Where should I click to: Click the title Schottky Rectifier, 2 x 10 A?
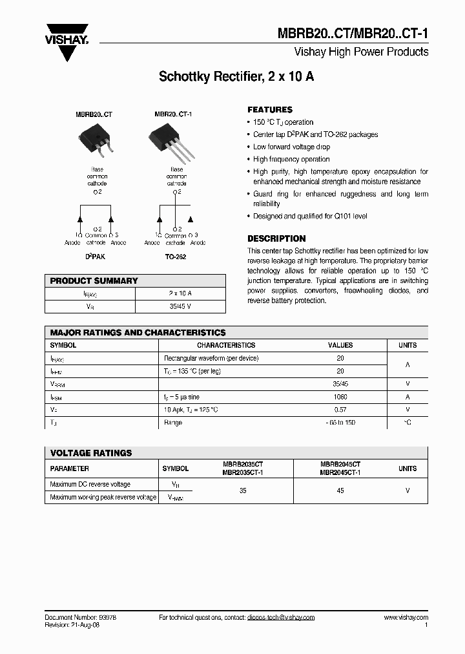236,77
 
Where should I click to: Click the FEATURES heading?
270,110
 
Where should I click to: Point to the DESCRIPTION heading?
276,238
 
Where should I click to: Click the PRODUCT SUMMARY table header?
94,281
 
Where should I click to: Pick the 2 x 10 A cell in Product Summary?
181,294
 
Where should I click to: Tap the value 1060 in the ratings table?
340,397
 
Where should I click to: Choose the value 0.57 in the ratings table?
340,410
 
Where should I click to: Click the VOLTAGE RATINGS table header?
91,453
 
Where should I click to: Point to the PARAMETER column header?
70,469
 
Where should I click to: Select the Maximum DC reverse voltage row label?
90,484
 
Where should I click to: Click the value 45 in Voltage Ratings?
340,491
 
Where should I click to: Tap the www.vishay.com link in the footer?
406,618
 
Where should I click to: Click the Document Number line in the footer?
81,618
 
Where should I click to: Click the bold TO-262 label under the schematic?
176,257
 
